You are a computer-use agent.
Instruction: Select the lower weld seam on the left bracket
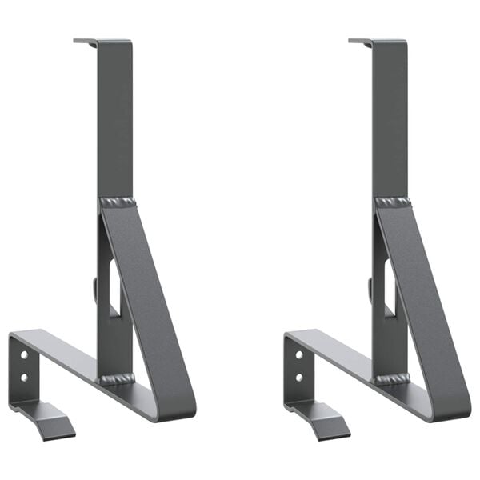click(117, 378)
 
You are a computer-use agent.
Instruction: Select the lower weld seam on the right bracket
click(392, 378)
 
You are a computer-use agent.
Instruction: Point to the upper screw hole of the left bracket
click(24, 354)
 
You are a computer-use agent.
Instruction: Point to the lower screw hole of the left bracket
click(24, 376)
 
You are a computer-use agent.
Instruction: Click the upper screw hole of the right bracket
click(299, 354)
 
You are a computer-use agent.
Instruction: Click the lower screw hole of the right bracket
click(299, 376)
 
